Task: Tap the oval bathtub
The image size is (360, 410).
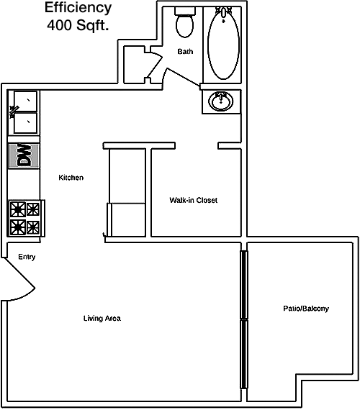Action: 223,43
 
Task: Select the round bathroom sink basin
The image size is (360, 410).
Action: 221,101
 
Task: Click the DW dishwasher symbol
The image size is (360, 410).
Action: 24,155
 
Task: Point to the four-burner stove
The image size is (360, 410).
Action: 25,218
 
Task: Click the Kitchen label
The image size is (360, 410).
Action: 71,178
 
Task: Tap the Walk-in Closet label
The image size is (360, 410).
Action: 193,200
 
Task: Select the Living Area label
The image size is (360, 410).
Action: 102,318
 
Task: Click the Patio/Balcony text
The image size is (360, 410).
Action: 306,309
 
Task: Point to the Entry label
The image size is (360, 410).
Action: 27,257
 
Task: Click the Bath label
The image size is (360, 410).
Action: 185,51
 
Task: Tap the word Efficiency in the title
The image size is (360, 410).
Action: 78,8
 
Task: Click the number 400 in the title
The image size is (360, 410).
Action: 59,25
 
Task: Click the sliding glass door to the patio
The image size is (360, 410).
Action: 244,319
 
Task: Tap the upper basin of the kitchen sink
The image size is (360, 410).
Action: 25,101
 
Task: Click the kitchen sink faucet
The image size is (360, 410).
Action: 14,111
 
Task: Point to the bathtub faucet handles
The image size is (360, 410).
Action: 223,12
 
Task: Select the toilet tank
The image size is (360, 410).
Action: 185,11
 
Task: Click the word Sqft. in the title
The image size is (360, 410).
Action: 92,26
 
